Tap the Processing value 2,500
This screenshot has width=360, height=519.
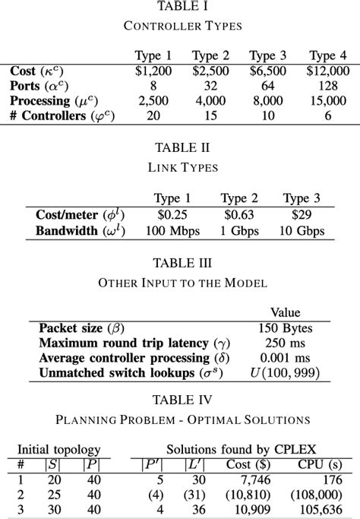click(x=153, y=100)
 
